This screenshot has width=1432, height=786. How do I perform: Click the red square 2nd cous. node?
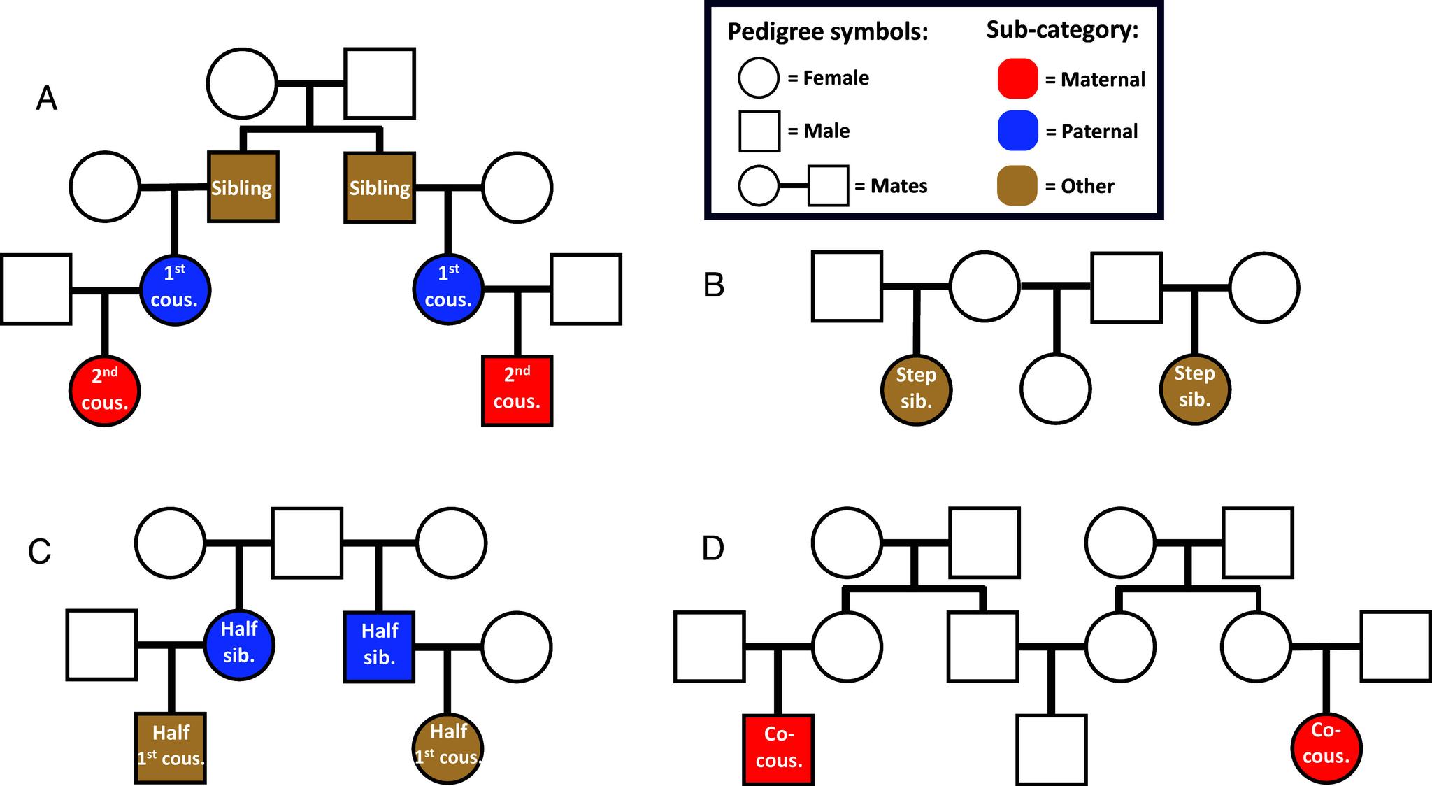pyautogui.click(x=517, y=390)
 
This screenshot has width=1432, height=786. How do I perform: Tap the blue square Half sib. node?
pyautogui.click(x=379, y=646)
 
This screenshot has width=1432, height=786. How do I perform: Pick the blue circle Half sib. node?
pyautogui.click(x=239, y=645)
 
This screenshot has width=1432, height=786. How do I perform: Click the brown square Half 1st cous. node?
pyautogui.click(x=171, y=748)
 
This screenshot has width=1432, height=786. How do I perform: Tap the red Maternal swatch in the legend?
pyautogui.click(x=1017, y=78)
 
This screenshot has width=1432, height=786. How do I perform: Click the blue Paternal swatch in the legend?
pyautogui.click(x=1017, y=131)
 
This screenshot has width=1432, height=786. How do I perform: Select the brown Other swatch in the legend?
pyautogui.click(x=1017, y=185)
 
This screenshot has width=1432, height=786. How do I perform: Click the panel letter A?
pyautogui.click(x=46, y=98)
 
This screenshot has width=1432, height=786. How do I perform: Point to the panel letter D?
pyautogui.click(x=713, y=549)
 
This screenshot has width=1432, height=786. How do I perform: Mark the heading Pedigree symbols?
pyautogui.click(x=827, y=31)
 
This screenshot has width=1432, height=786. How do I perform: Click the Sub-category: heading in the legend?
pyautogui.click(x=1062, y=29)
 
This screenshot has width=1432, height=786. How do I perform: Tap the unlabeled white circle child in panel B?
pyautogui.click(x=1055, y=388)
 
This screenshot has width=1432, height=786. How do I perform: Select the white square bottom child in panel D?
pyautogui.click(x=1051, y=749)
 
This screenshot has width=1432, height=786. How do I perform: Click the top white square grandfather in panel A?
pyautogui.click(x=380, y=83)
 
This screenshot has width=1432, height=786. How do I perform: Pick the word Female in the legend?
pyautogui.click(x=836, y=78)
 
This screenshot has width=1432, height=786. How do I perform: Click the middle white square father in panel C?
pyautogui.click(x=307, y=543)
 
